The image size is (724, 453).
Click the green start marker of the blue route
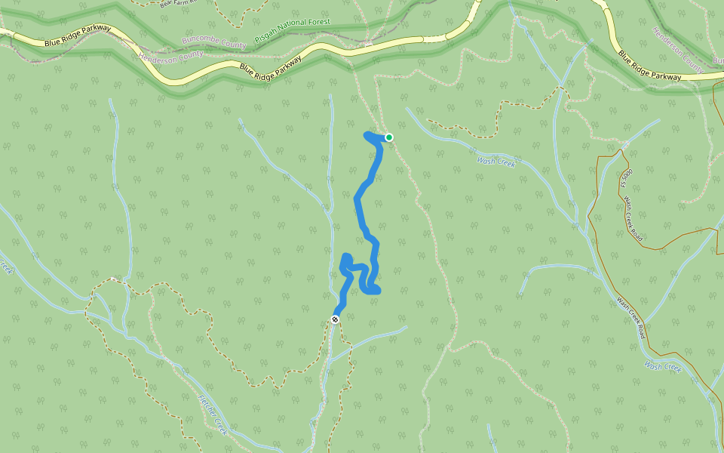click(x=389, y=137)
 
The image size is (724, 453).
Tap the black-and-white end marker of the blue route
click(x=335, y=319)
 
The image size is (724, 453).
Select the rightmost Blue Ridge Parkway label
click(x=649, y=66)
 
